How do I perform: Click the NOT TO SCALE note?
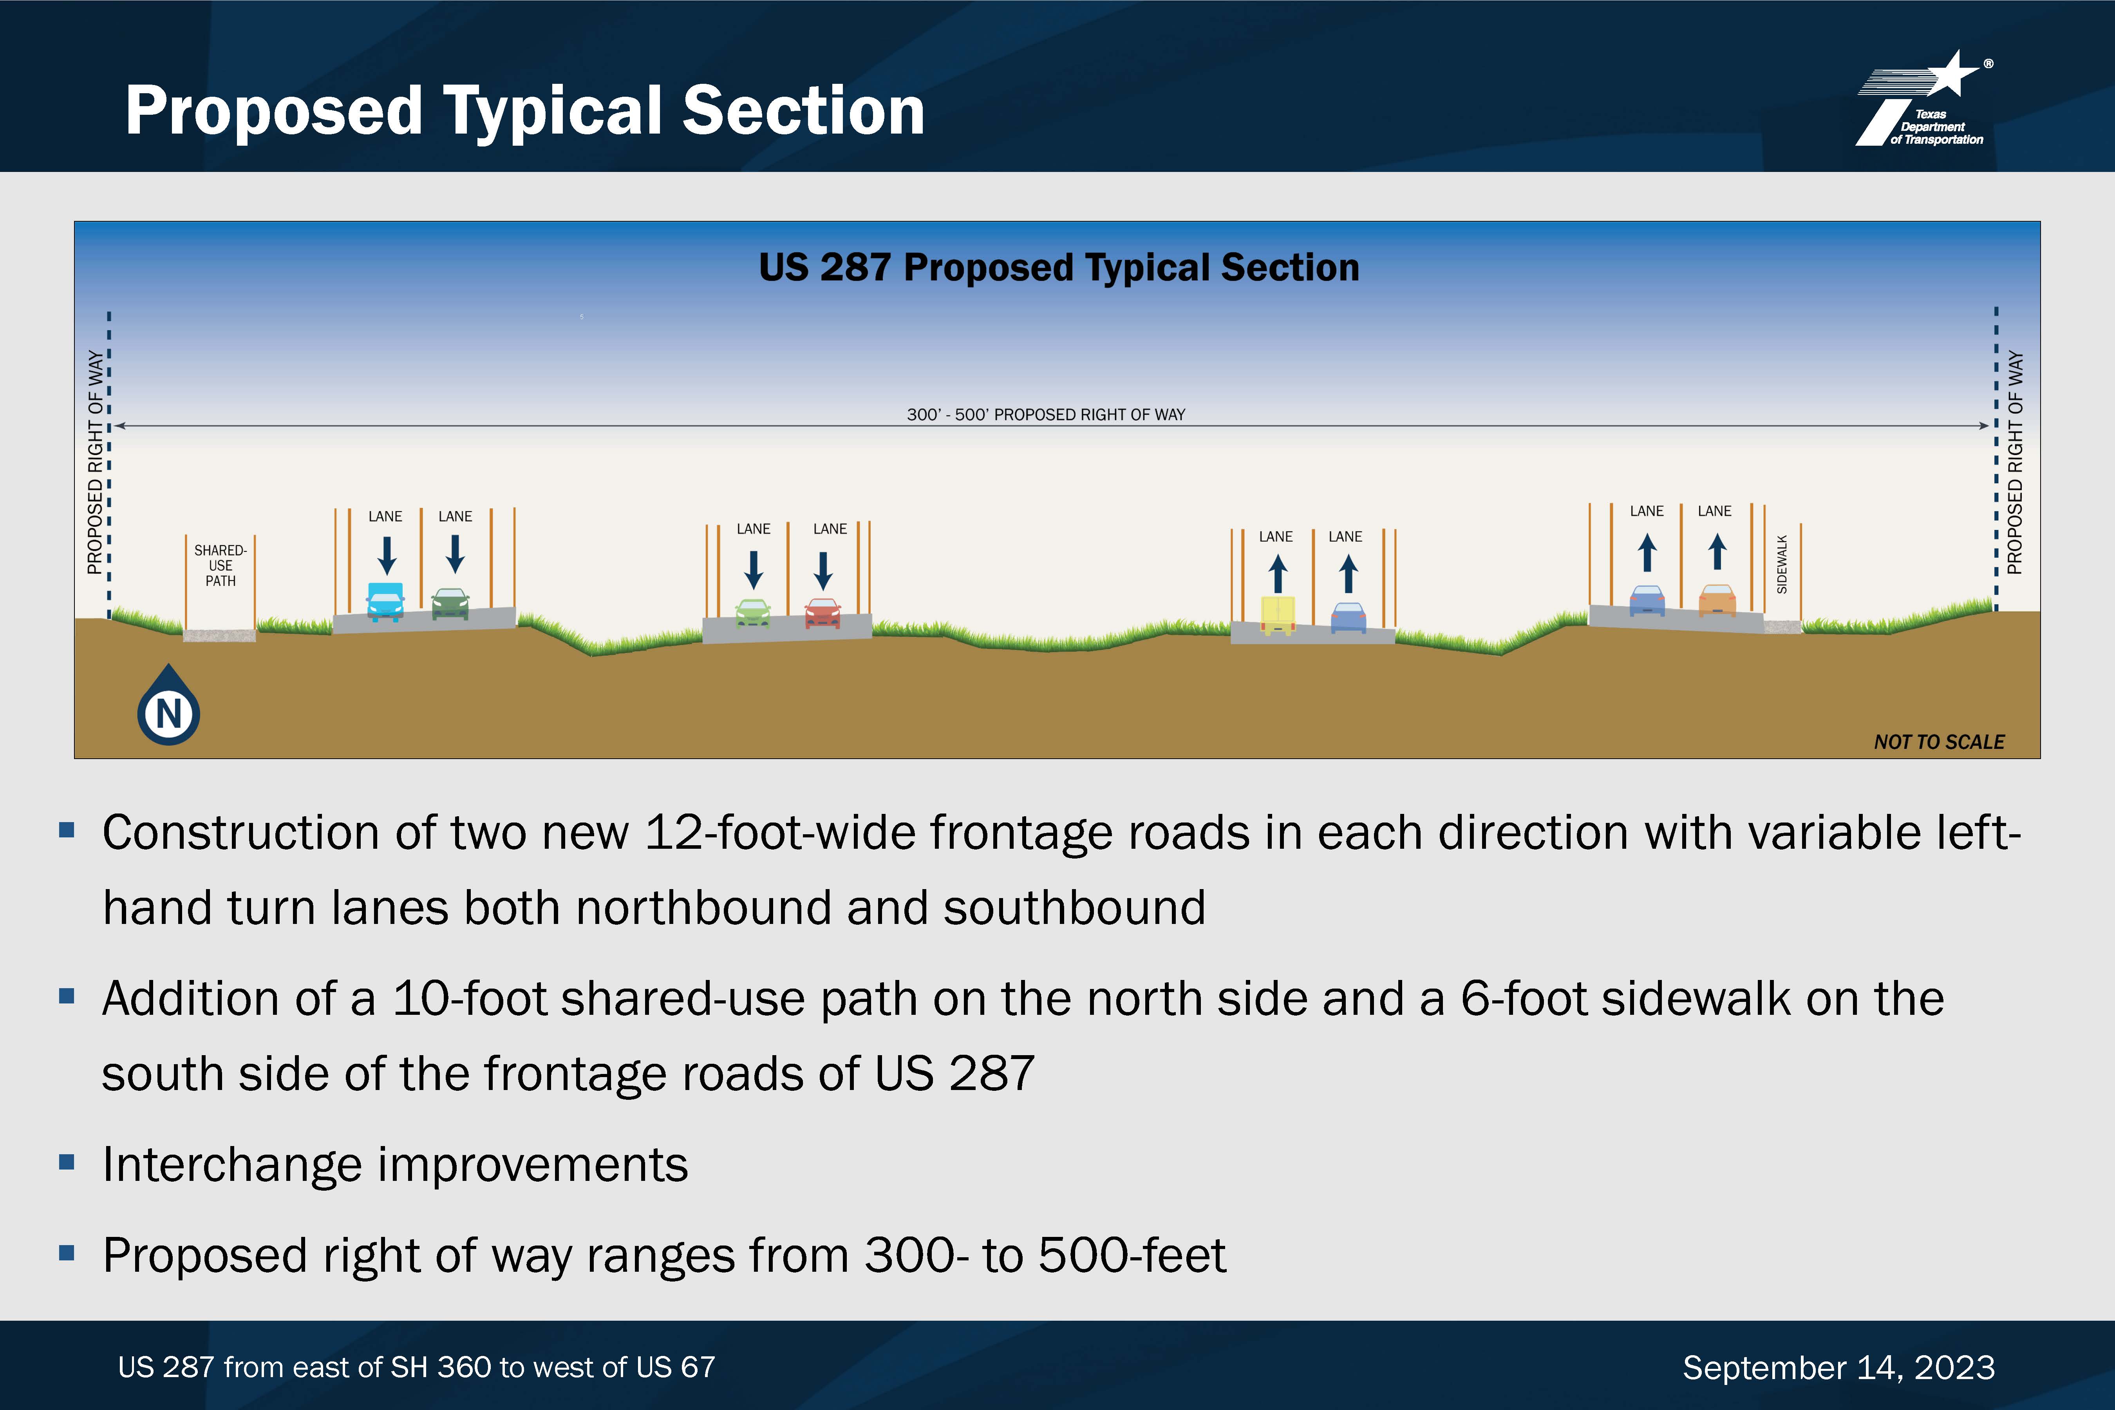coord(1939,742)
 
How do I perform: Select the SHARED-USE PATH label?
coord(220,565)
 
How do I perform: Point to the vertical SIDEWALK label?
coord(1781,564)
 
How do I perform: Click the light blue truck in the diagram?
coord(386,602)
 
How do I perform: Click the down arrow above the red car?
coord(823,570)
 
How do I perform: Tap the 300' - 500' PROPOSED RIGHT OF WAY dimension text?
coord(1046,414)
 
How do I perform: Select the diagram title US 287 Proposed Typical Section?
coord(1058,267)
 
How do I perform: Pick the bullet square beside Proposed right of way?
coord(67,1253)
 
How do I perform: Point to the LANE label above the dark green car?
coord(455,516)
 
